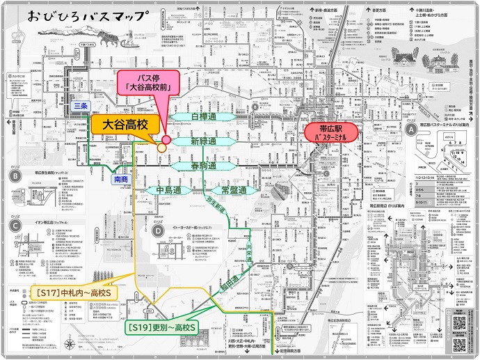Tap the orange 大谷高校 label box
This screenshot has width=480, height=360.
pyautogui.click(x=126, y=125)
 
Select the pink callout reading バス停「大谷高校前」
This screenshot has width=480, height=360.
pyautogui.click(x=148, y=81)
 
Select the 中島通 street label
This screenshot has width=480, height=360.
pyautogui.click(x=169, y=189)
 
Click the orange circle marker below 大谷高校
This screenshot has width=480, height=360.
pyautogui.click(x=162, y=147)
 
